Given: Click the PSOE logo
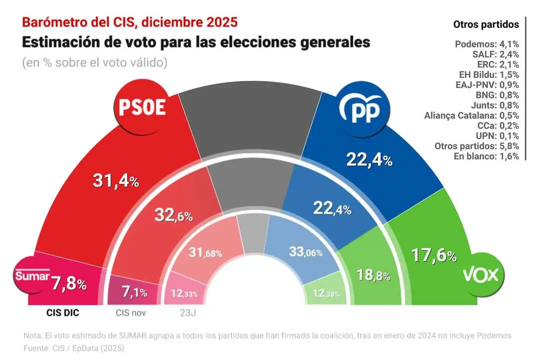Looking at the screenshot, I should (141, 106).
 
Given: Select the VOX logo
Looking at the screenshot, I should (482, 275).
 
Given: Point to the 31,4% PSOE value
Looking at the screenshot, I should (116, 181).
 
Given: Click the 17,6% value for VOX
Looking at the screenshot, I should (433, 255).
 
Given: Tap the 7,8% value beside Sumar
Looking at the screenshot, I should (70, 284).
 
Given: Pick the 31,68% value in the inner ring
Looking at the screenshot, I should (205, 254).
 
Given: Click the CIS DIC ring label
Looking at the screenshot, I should (60, 313).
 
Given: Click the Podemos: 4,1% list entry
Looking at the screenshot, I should (486, 43).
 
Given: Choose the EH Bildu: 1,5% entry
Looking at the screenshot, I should (486, 74).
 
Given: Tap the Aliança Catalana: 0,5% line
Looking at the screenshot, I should (471, 115).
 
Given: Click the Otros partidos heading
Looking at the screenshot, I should (482, 24).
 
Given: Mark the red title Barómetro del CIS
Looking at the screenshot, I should (129, 22).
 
